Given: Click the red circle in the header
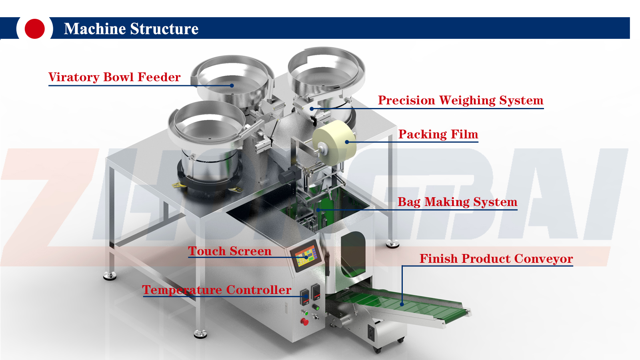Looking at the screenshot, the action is [34, 28].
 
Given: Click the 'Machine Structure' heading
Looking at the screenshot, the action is [131, 28].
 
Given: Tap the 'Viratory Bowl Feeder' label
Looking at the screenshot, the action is [114, 77].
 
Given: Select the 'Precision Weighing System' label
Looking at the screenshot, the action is [460, 100].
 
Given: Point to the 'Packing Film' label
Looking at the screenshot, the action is [438, 134].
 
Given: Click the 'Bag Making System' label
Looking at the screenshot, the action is [458, 202].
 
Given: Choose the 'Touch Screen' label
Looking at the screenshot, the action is [230, 251].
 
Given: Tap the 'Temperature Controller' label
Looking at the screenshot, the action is [217, 290].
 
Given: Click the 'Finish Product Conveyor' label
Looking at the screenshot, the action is [496, 258].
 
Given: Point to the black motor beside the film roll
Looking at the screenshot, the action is [290, 174].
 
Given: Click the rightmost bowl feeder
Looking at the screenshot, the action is [326, 83].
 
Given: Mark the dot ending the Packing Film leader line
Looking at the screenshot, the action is [347, 142].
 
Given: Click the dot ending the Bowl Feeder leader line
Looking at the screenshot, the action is [232, 86].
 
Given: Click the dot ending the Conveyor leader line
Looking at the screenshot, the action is [402, 304].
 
